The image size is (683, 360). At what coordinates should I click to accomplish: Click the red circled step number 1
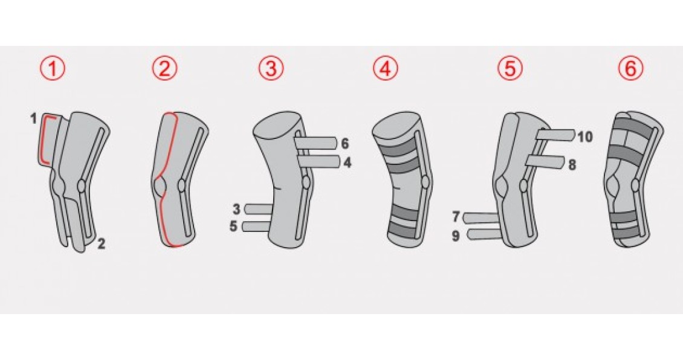[x=52, y=68]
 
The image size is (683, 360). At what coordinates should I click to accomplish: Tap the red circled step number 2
[x=164, y=68]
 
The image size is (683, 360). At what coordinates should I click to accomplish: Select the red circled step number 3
[x=271, y=68]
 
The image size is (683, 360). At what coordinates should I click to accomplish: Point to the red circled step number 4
[x=386, y=68]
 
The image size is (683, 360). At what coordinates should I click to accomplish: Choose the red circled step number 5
[x=510, y=68]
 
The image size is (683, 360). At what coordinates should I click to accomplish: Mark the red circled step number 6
[x=631, y=68]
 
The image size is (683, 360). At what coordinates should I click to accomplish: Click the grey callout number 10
[x=585, y=137]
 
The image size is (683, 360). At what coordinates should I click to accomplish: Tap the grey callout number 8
[x=572, y=164]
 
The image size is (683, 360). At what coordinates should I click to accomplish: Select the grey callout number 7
[x=456, y=216]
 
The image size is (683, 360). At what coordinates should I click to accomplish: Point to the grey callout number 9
[x=456, y=236]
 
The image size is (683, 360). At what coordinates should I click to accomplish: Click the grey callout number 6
[x=345, y=143]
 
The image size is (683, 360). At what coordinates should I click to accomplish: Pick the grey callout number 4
[x=347, y=163]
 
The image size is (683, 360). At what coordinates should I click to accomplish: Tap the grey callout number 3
[x=236, y=210]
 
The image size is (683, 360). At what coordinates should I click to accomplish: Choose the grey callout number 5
[x=233, y=227]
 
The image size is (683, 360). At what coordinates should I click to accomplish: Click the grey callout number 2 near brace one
[x=101, y=244]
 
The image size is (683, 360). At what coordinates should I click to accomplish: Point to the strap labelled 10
[x=556, y=135]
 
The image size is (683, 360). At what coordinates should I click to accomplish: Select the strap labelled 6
[x=315, y=143]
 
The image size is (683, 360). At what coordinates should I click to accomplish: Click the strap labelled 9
[x=484, y=235]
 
